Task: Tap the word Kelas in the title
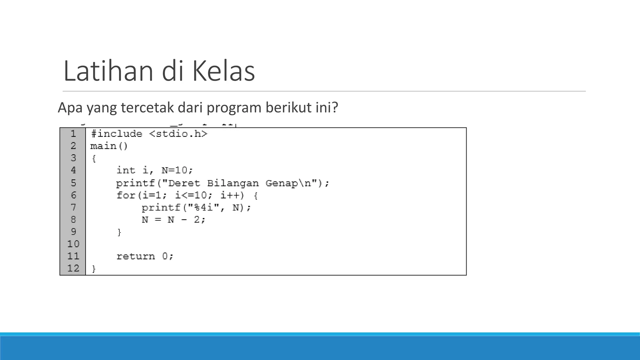click(223, 71)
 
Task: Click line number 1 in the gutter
click(73, 134)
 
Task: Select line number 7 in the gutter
click(73, 207)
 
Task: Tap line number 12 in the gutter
click(73, 268)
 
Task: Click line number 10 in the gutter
click(73, 244)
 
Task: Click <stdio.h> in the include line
click(178, 134)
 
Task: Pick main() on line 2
click(109, 146)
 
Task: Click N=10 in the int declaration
click(177, 170)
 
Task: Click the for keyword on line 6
click(125, 195)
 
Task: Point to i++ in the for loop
click(232, 195)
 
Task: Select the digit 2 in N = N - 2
click(197, 220)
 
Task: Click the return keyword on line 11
click(136, 256)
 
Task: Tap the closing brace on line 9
click(119, 232)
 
